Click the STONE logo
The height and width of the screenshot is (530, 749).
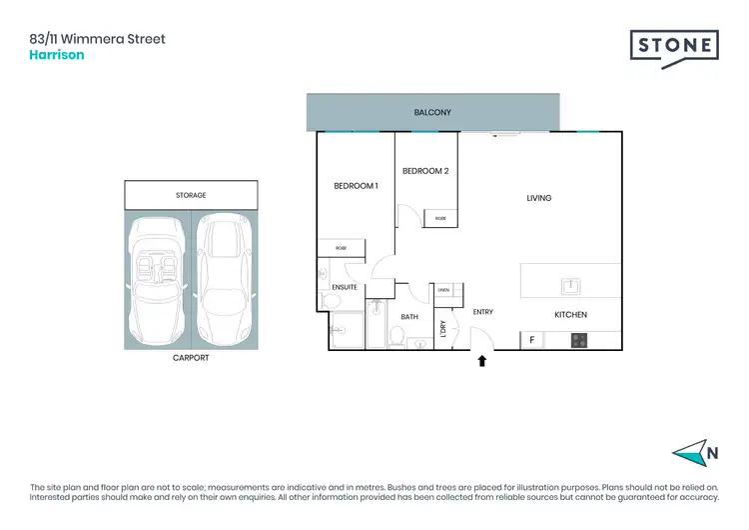point(674,47)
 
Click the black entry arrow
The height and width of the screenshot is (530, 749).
point(482,360)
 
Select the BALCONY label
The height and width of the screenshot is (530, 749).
point(432,113)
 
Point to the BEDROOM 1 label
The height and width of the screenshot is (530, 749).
point(356,186)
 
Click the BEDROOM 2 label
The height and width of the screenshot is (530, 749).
point(425,171)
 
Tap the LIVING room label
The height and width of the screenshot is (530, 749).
point(539,198)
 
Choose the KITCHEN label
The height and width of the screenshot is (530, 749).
point(570,315)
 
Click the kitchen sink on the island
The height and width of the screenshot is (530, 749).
point(570,286)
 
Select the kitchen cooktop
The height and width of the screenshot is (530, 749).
point(578,340)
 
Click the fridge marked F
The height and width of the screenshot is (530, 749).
point(532,340)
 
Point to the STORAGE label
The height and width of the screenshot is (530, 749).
point(191,195)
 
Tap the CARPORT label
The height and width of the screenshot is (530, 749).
point(191,357)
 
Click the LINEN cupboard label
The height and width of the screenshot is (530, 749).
point(444,290)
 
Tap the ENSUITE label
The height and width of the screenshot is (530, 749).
point(345,287)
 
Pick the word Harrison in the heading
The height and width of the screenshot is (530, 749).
point(57,55)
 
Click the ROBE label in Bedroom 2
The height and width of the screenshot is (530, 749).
point(440,217)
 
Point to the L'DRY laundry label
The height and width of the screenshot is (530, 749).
point(442,328)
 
